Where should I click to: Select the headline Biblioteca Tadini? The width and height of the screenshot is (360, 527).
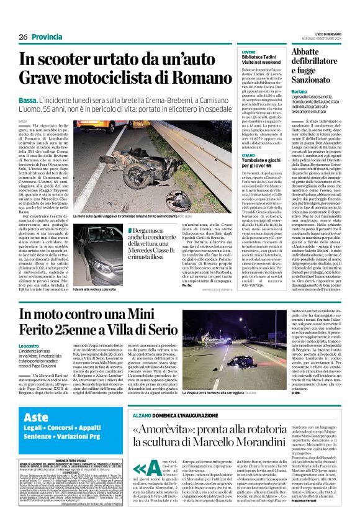(263, 58)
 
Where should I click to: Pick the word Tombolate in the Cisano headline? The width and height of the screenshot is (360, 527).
(260, 179)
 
